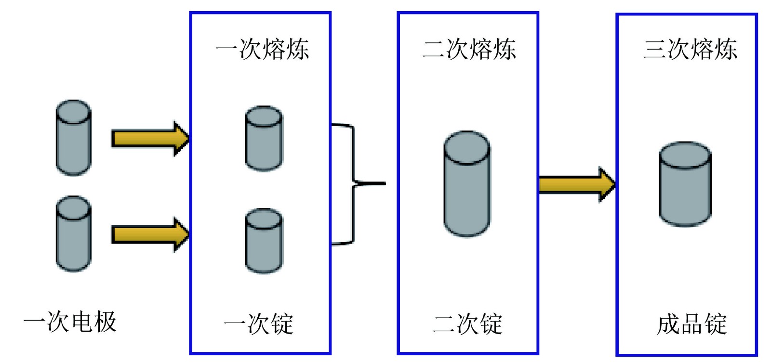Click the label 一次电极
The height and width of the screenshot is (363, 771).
click(70, 322)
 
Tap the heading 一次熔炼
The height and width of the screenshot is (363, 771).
click(262, 49)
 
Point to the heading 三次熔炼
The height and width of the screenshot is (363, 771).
click(690, 49)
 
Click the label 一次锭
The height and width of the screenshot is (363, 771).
click(259, 324)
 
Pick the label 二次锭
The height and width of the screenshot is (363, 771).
click(468, 324)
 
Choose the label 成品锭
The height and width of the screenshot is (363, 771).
click(691, 324)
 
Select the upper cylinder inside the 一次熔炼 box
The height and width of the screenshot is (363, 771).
click(264, 139)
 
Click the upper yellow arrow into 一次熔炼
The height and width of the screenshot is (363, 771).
click(150, 139)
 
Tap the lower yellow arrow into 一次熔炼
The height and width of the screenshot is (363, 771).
click(150, 234)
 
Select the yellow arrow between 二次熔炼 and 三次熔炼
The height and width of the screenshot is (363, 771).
click(576, 184)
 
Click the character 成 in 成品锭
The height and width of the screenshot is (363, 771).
click(668, 324)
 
